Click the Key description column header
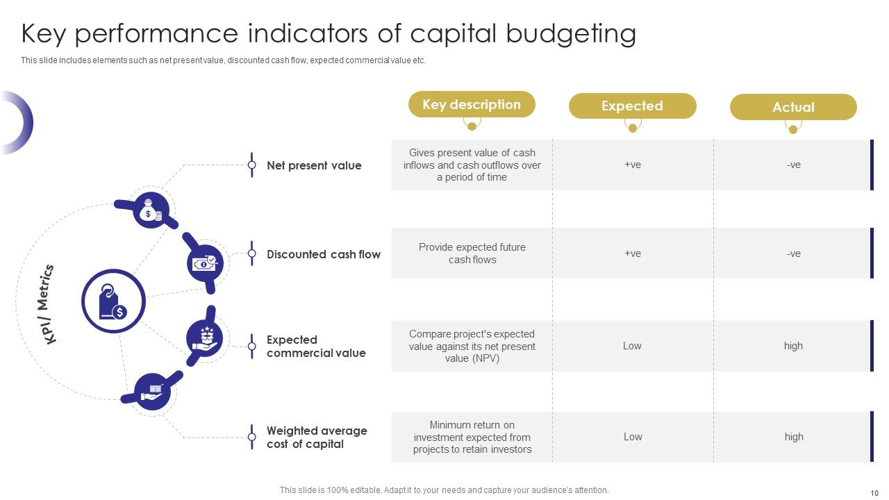coord(472,105)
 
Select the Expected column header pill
coord(632,106)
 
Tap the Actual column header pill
coord(793,108)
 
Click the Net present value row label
coord(314,166)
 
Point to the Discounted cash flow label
coord(324,255)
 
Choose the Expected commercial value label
coord(316,347)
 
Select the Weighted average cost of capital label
coord(317,437)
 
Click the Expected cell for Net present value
coord(632,165)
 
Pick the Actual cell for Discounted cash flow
coord(793,254)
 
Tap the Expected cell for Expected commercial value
coord(632,346)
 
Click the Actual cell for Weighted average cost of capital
coord(793,437)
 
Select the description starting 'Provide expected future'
coord(472,253)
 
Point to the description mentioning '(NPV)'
coord(472,347)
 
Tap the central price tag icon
coord(113,301)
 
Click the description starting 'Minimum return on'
coord(472,437)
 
